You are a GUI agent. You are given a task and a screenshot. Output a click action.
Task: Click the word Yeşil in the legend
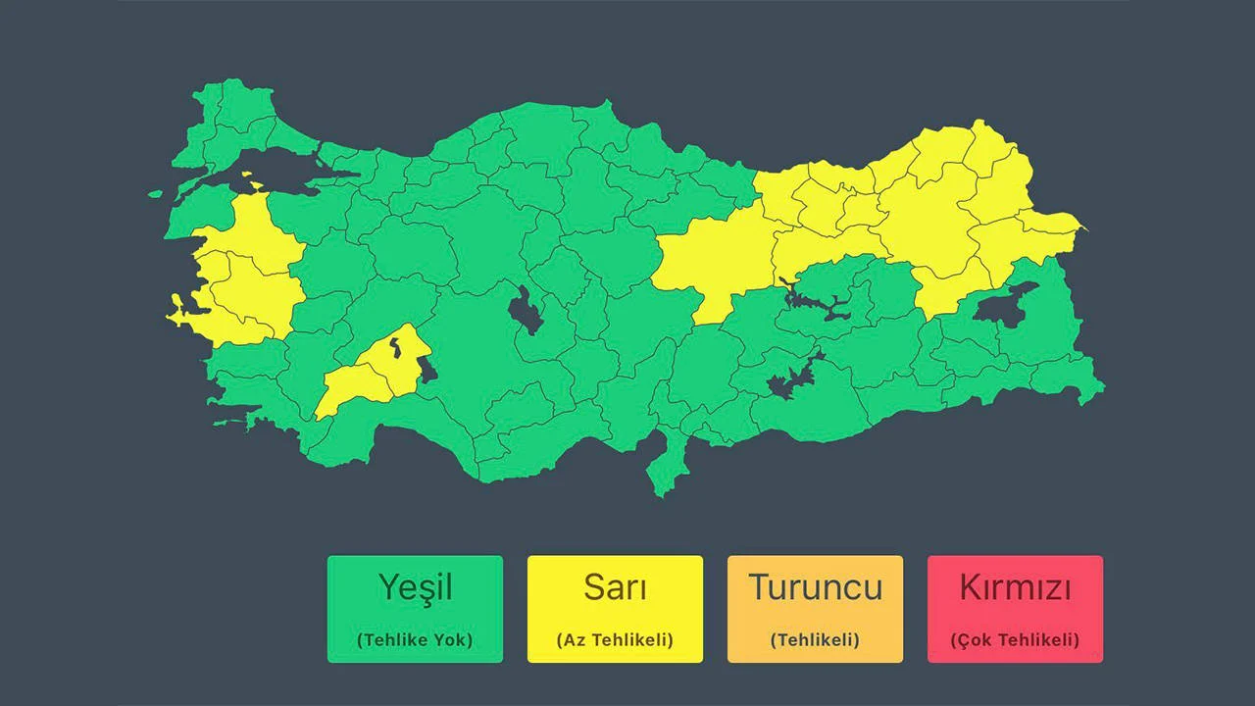pos(415,587)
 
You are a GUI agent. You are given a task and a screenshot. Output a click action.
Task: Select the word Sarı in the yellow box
pos(615,587)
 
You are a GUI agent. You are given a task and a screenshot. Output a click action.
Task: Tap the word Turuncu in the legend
pos(815,587)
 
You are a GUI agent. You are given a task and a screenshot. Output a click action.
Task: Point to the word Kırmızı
pos(1015,587)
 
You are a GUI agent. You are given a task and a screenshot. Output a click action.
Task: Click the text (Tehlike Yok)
pos(415,640)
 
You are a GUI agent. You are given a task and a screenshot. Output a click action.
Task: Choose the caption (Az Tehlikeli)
pos(615,640)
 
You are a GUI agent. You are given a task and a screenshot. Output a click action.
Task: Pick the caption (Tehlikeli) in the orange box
pos(815,640)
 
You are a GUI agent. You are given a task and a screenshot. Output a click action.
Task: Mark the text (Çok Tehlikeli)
pos(1015,640)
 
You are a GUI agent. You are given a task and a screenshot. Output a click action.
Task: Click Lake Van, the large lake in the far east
pos(1005,303)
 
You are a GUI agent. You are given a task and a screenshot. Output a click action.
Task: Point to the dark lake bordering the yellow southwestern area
pos(427,367)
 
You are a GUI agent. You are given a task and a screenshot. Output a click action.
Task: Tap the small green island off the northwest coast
pos(155,195)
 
